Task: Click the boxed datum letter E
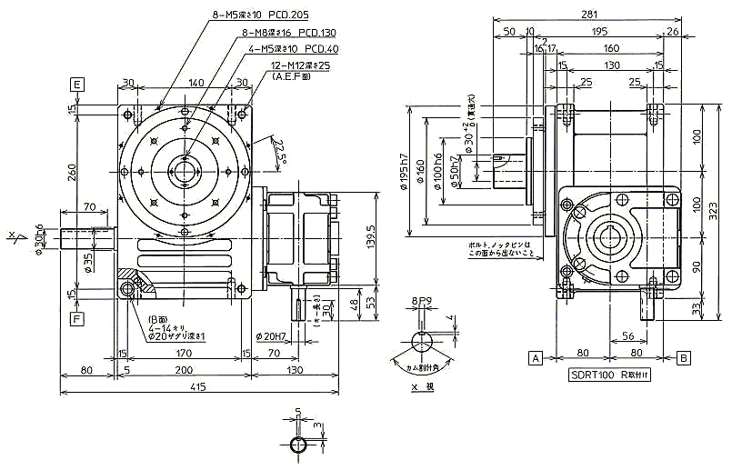tap(77, 85)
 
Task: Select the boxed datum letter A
tap(536, 357)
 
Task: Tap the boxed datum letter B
tap(682, 357)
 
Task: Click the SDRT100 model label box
tap(615, 375)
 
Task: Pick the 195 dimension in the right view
tap(598, 31)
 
